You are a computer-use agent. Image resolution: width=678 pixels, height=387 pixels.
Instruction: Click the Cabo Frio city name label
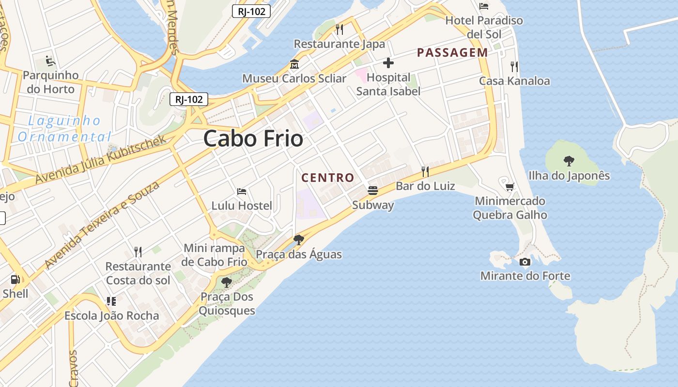point(253,139)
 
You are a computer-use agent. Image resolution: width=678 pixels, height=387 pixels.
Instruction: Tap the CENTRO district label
point(328,178)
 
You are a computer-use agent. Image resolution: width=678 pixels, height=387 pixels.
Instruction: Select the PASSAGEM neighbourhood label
point(452,53)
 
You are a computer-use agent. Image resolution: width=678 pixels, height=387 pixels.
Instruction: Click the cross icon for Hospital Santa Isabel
point(388,63)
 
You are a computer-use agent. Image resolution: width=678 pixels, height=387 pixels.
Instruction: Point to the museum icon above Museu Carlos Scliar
point(294,64)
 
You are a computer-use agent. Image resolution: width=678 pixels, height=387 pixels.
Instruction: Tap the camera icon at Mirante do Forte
point(524,262)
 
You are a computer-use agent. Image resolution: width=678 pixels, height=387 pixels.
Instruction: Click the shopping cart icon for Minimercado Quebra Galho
point(509,187)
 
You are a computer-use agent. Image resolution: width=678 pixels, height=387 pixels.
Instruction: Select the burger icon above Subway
point(372,190)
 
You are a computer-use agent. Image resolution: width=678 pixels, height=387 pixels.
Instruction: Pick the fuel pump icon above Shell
point(15,279)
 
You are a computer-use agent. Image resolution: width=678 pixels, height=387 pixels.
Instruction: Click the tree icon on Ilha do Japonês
point(569,161)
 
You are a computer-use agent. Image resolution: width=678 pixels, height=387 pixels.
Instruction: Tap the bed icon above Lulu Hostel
point(242,192)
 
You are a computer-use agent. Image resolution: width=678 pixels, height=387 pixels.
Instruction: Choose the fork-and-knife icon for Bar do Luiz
point(425,171)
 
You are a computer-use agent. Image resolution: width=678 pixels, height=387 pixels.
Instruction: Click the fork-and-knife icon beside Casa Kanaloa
point(514,66)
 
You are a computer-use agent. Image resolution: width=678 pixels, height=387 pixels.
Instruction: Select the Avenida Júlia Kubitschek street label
point(101,160)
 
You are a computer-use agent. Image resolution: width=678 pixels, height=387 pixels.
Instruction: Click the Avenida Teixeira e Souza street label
point(102,225)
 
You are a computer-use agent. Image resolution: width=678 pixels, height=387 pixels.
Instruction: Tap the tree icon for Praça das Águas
point(298,239)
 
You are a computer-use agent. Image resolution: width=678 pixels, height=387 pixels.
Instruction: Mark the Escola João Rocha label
point(112,316)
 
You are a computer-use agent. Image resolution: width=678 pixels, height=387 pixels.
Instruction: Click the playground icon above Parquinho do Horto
point(50,61)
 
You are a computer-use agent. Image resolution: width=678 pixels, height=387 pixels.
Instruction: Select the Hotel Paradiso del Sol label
point(484,27)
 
